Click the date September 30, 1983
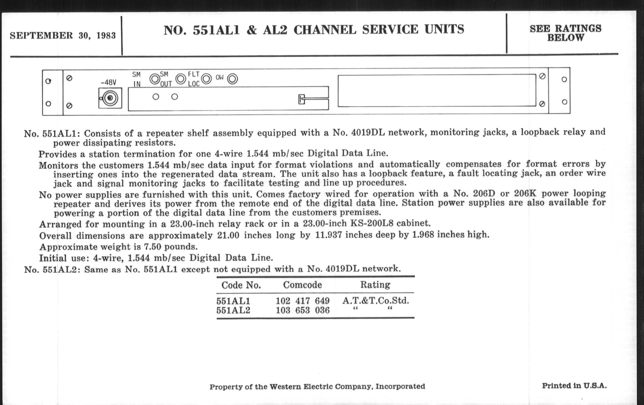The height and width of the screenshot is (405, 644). (63, 35)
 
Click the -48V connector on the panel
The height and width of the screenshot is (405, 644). (110, 98)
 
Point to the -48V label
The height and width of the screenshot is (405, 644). (109, 83)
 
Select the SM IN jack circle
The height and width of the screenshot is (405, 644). (155, 79)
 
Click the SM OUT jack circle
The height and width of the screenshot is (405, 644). (181, 79)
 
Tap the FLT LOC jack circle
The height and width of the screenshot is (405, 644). (207, 79)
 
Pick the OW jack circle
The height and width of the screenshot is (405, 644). (232, 79)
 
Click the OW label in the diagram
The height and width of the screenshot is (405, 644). (220, 78)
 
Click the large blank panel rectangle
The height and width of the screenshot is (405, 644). (437, 91)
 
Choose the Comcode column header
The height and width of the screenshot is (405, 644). (302, 285)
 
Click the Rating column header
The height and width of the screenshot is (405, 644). (375, 285)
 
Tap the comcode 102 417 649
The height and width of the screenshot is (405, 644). (303, 301)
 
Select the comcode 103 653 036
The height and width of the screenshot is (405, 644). (303, 310)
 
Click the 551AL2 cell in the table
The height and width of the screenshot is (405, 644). (233, 310)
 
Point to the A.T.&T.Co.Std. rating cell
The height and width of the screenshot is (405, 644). (376, 301)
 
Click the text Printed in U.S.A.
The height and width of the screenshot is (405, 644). (574, 386)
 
